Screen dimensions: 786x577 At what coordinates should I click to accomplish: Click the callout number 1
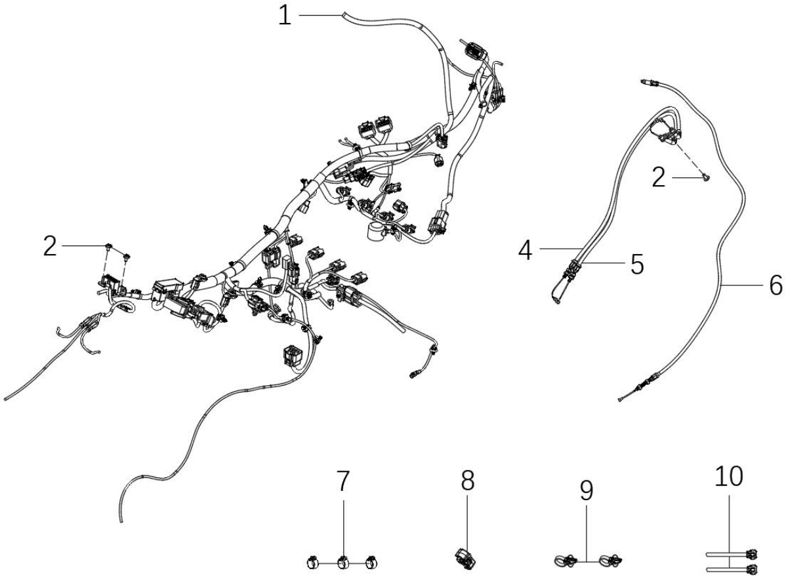(x=285, y=16)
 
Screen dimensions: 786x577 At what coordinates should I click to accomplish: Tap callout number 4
(x=526, y=250)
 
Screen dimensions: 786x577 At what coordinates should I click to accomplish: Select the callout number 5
(x=637, y=264)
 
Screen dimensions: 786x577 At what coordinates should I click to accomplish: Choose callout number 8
(x=467, y=481)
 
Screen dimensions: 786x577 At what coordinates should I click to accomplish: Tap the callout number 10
(x=729, y=476)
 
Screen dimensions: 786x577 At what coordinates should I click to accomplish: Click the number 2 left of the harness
(x=50, y=246)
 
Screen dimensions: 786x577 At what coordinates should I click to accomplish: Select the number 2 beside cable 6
(x=659, y=177)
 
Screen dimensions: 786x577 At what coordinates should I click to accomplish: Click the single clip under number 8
(x=465, y=559)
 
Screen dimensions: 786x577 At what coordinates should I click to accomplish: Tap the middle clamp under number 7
(x=343, y=563)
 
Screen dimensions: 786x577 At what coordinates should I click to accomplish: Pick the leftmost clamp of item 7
(x=313, y=563)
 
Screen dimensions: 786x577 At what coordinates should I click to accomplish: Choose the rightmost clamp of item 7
(x=372, y=563)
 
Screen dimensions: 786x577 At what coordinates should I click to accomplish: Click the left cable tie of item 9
(x=566, y=560)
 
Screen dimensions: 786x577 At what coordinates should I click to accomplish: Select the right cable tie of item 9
(x=611, y=560)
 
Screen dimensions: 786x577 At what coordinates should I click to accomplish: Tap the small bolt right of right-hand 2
(x=706, y=176)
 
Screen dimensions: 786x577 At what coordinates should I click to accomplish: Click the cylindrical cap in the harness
(x=374, y=231)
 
